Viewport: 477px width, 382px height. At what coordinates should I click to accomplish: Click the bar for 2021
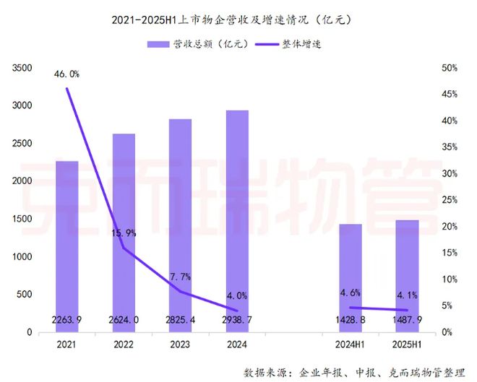(x=67, y=246)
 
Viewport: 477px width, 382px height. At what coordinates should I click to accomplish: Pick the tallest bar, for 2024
(x=237, y=221)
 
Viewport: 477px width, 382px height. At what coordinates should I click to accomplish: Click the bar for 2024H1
(x=351, y=278)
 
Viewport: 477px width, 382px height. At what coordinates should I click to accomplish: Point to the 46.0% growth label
(x=67, y=74)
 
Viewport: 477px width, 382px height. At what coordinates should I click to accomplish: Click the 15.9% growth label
(x=124, y=233)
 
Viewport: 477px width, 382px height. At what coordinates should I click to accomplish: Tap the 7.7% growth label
(x=180, y=277)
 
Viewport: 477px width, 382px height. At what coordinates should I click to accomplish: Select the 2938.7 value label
(x=237, y=319)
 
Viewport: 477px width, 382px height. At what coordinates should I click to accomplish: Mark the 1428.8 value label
(x=351, y=319)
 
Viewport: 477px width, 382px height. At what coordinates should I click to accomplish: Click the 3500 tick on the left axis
(x=22, y=68)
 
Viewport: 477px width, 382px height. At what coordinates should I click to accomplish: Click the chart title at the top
(x=239, y=17)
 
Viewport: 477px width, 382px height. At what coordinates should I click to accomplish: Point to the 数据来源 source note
(x=354, y=371)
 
